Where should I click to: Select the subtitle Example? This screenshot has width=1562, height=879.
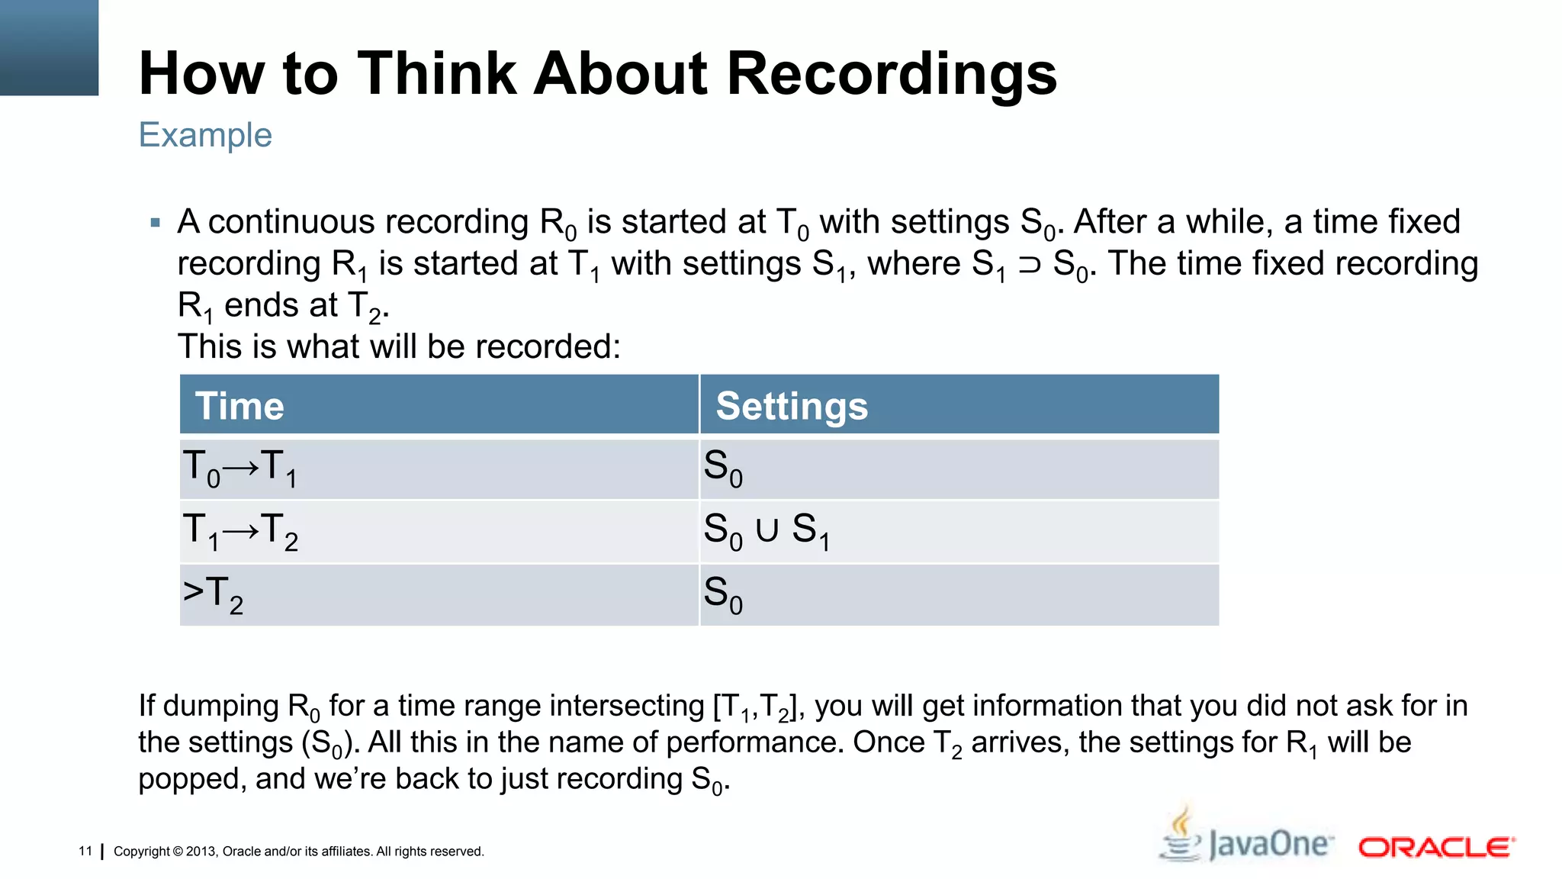click(205, 135)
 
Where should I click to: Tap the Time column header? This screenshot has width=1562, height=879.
click(239, 405)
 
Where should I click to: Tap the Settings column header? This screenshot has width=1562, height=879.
click(792, 405)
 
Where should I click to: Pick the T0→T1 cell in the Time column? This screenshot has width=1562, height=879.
click(239, 468)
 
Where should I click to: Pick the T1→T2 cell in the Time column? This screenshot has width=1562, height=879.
click(240, 531)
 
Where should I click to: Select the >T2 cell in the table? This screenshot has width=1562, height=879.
click(213, 594)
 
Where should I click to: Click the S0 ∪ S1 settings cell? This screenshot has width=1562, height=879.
click(766, 530)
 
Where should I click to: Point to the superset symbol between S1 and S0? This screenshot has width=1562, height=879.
click(1029, 265)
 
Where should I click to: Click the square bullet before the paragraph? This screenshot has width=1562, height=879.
click(156, 223)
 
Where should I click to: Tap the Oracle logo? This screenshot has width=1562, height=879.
click(1436, 847)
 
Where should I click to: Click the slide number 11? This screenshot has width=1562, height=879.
click(85, 851)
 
